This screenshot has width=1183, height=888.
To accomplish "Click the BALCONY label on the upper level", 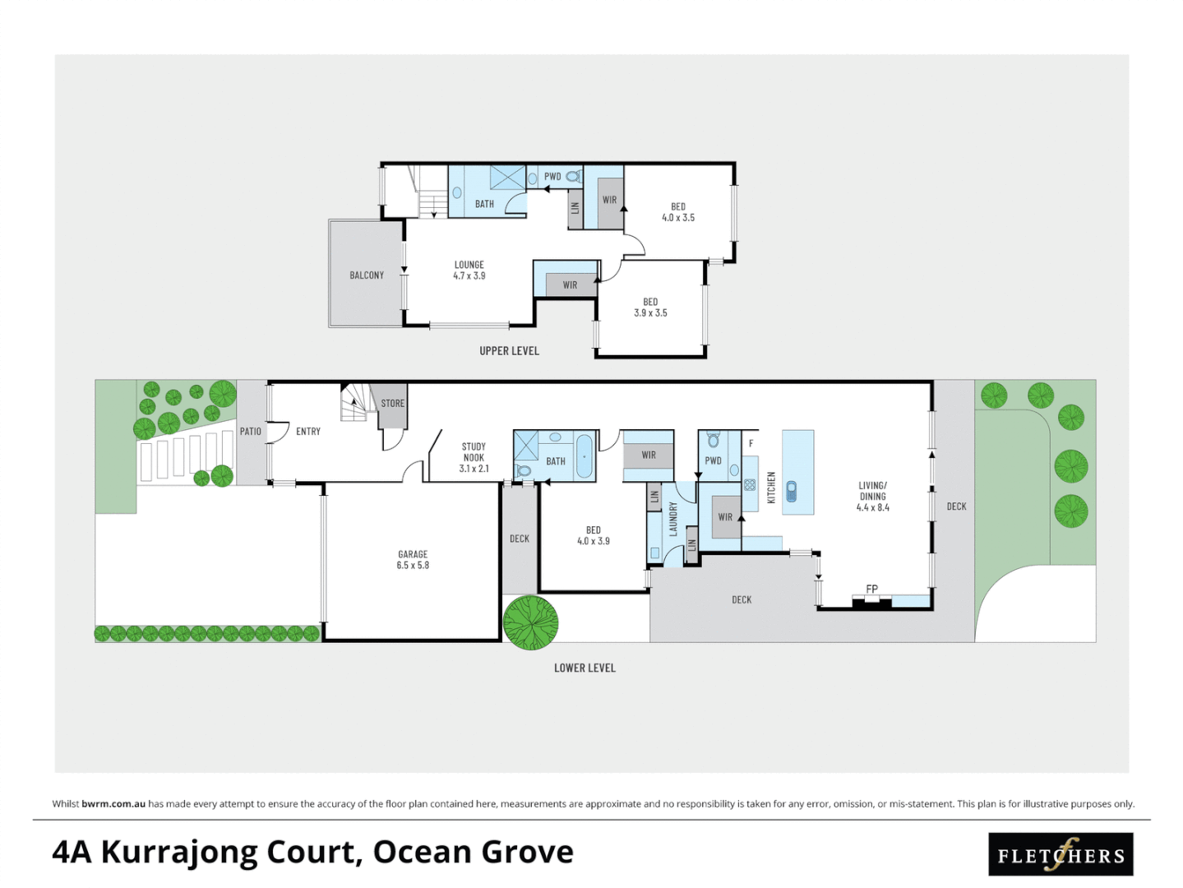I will (367, 275).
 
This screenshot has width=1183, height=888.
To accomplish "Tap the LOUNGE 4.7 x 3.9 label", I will (469, 271).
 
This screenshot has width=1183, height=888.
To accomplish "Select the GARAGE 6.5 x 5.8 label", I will (413, 560).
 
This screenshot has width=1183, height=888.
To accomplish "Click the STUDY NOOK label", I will (474, 457).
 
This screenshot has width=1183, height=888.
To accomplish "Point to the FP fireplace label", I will (871, 589).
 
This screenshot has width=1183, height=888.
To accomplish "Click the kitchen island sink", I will (791, 492).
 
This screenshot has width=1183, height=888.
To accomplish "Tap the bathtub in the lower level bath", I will (584, 456).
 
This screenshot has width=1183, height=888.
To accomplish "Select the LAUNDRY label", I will (672, 520).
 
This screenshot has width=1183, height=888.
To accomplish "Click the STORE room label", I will (392, 404).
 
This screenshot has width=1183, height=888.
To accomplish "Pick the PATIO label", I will (251, 432).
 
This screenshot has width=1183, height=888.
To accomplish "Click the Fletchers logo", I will (1061, 855).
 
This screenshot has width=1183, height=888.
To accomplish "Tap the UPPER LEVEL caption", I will (509, 351).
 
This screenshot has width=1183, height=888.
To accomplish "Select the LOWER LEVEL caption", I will (585, 668).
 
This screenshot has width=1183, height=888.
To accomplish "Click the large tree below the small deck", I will (531, 622).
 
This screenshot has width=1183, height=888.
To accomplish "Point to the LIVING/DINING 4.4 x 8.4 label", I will (872, 497).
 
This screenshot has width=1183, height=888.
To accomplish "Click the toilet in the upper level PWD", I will (573, 176).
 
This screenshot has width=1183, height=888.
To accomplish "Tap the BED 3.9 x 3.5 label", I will (650, 308).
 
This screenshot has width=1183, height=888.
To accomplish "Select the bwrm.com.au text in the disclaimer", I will (113, 804).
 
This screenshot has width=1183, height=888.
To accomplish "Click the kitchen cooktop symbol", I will (750, 485).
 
